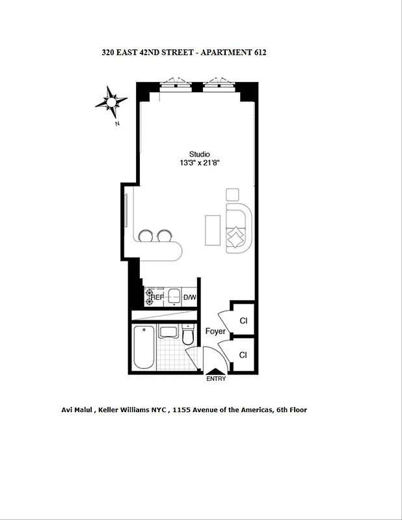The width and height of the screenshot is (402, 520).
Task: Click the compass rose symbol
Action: (111, 101)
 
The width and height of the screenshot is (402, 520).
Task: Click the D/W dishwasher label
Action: (189, 298)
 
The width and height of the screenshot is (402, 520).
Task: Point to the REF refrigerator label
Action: (157, 297)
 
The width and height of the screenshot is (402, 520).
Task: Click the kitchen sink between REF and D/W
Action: (173, 298)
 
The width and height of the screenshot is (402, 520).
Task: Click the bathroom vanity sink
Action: (168, 333)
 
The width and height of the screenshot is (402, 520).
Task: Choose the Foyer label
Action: (215, 331)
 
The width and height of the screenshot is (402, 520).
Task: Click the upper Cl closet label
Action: (243, 321)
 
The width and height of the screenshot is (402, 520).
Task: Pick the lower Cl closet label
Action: (243, 355)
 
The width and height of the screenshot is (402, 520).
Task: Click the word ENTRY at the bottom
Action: (217, 379)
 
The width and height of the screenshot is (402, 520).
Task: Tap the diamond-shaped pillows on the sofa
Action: (236, 235)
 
